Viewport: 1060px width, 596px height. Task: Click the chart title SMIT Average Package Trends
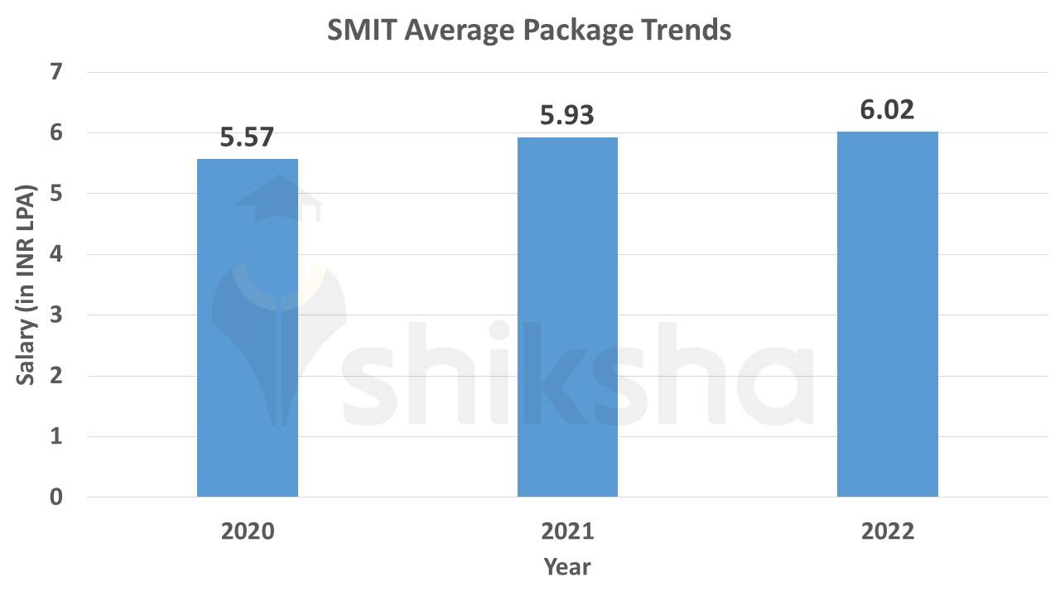point(529,31)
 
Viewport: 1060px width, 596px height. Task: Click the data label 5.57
point(247,137)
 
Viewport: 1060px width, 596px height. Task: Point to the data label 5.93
point(567,116)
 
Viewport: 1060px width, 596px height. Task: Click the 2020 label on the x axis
point(248,531)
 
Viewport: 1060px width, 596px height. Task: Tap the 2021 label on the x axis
point(567,531)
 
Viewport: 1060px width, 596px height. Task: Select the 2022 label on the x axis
point(887,531)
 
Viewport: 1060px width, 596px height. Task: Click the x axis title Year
point(567,567)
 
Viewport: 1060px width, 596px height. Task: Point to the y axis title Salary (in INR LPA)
point(26,284)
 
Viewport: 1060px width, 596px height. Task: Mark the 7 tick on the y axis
point(56,72)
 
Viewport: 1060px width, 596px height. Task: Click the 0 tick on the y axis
point(56,497)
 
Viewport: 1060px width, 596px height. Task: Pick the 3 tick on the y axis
point(56,315)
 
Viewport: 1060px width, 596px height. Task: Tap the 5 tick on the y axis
point(56,194)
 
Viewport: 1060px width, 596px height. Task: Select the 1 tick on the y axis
point(56,437)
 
